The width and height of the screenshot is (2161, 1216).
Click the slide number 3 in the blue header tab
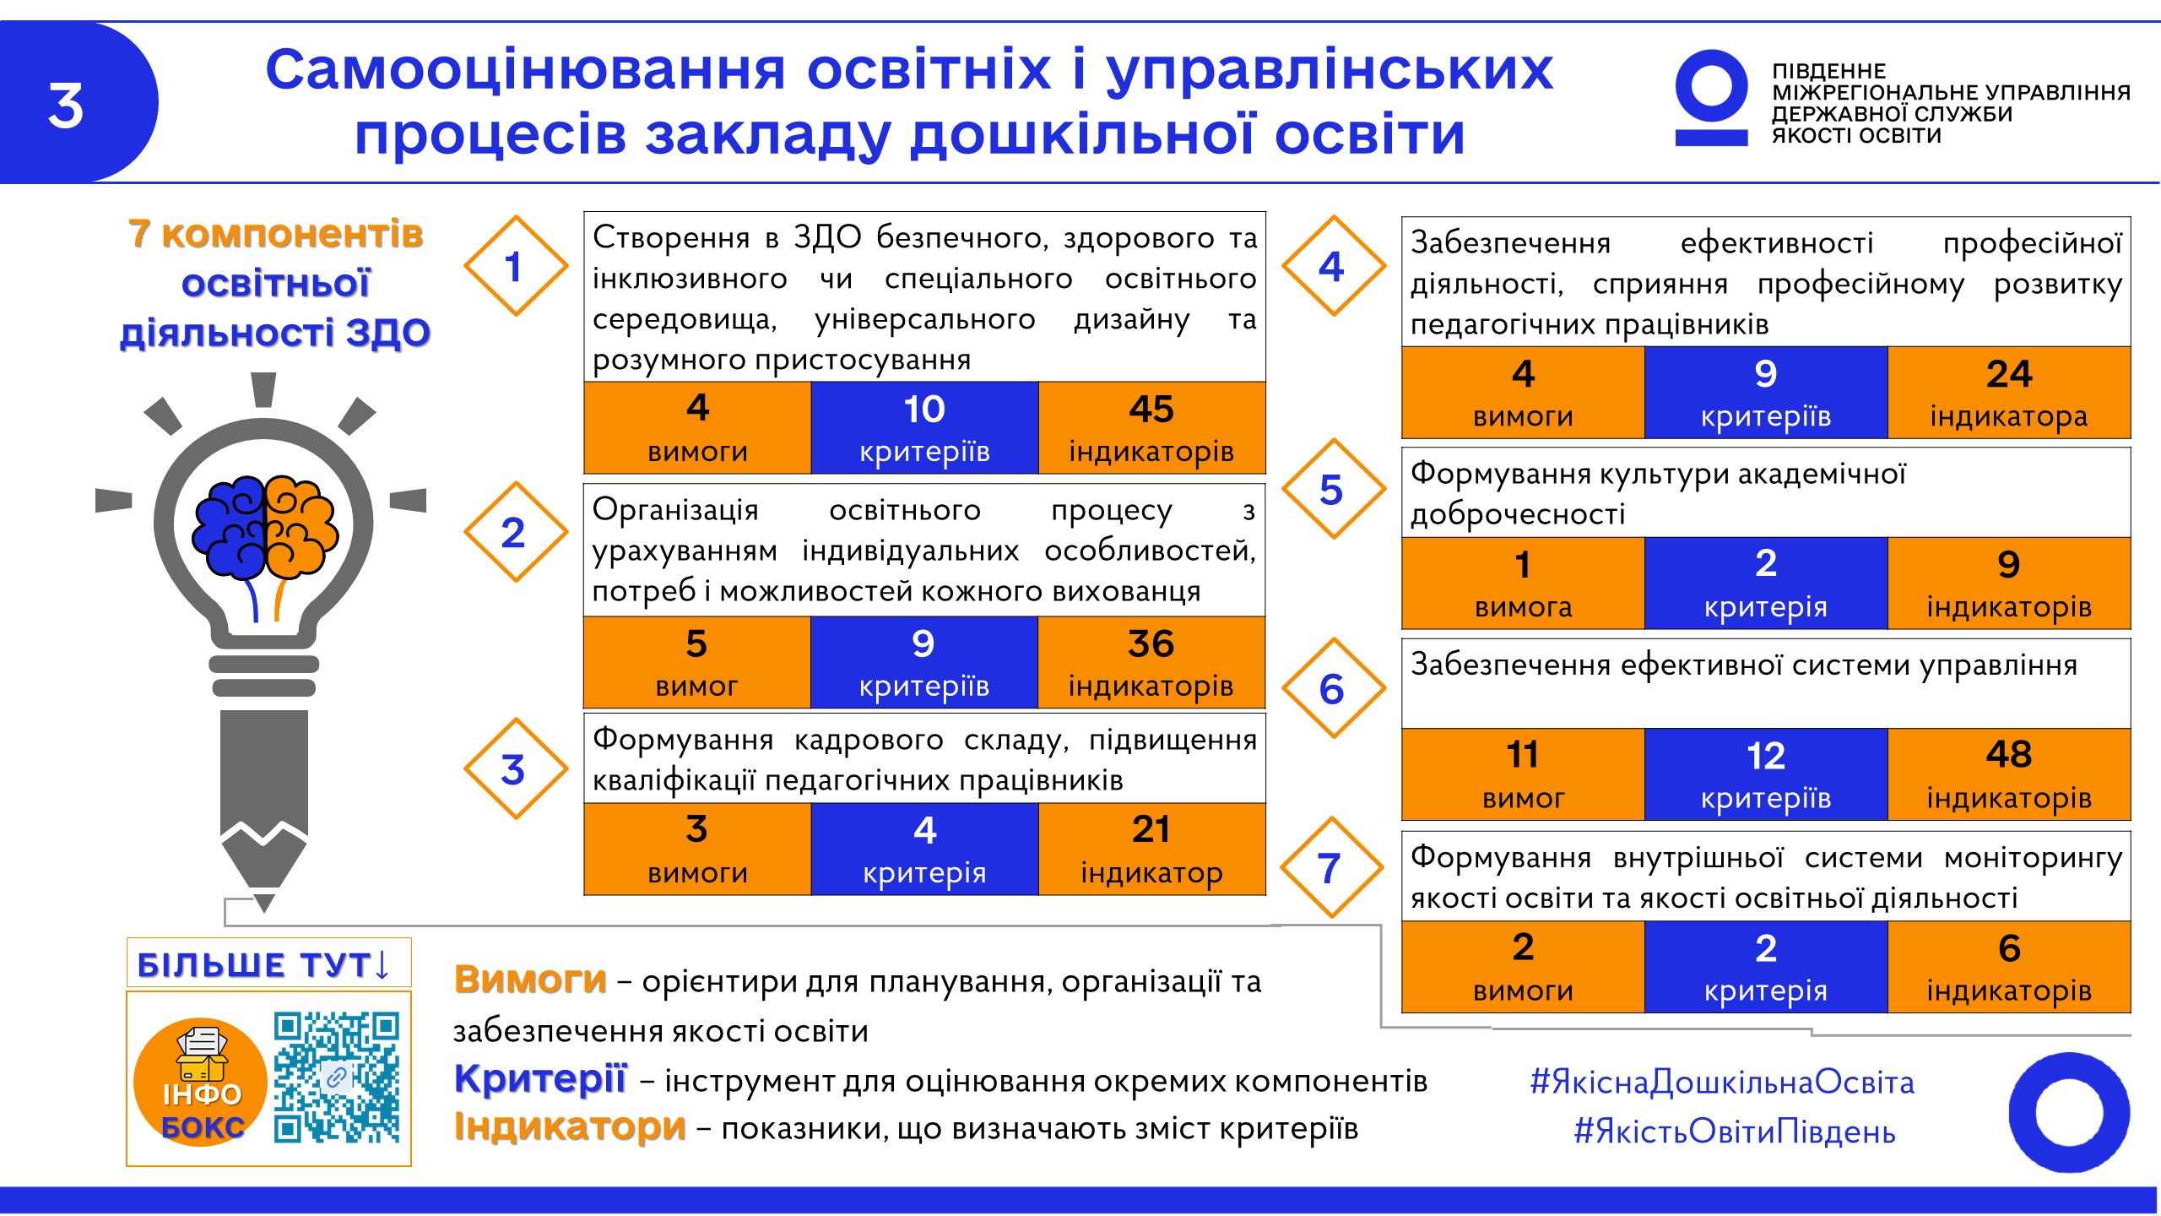(66, 106)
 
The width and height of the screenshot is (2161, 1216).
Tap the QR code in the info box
(337, 1078)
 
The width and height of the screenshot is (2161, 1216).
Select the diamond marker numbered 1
(515, 266)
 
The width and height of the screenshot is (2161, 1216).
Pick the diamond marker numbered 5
(1333, 489)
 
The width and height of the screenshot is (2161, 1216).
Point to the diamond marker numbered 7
(1331, 867)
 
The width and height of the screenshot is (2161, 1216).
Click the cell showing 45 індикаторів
(1151, 428)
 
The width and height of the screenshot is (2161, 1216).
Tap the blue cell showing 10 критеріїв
(924, 428)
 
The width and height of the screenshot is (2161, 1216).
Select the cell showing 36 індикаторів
(1151, 663)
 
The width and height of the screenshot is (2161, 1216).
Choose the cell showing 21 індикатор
(1151, 849)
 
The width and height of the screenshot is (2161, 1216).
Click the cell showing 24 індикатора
(2009, 393)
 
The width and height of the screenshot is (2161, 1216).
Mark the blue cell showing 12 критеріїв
(1766, 774)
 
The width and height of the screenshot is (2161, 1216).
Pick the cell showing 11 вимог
(1524, 774)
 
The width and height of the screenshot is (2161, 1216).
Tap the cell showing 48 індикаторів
(2009, 774)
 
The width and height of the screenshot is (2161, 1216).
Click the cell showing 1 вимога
(1524, 584)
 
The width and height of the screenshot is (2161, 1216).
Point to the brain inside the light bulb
(265, 528)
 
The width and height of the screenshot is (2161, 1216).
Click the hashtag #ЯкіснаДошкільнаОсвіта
(1722, 1082)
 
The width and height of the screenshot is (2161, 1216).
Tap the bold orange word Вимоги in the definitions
(530, 980)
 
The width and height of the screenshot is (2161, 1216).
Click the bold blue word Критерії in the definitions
(540, 1079)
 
